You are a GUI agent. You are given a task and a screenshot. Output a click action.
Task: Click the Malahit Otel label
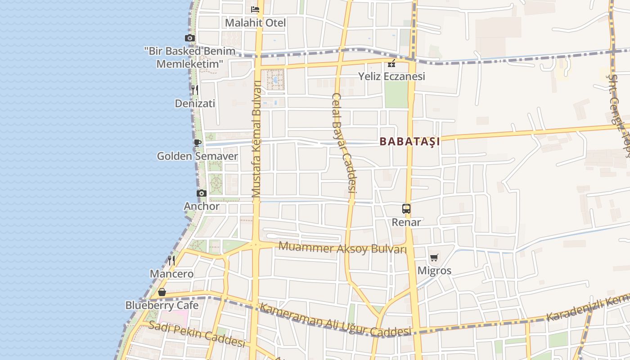pyautogui.click(x=255, y=22)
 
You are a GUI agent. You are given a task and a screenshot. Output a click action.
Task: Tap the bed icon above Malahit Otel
pyautogui.click(x=255, y=9)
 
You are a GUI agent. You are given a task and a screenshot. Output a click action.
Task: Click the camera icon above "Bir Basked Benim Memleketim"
pyautogui.click(x=190, y=38)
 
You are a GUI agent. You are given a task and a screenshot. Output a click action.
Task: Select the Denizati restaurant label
pyautogui.click(x=195, y=103)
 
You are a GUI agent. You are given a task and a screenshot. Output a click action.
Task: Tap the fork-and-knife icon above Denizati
pyautogui.click(x=195, y=90)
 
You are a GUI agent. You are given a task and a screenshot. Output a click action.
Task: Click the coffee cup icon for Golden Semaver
pyautogui.click(x=197, y=143)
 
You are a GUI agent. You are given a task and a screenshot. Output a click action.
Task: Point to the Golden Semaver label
pyautogui.click(x=197, y=156)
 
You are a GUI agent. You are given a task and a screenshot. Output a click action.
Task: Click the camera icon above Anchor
pyautogui.click(x=202, y=193)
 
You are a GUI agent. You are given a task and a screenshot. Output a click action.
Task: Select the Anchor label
pyautogui.click(x=202, y=207)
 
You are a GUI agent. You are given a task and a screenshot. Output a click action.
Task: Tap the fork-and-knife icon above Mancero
pyautogui.click(x=171, y=260)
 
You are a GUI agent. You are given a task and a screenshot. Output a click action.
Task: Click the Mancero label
pyautogui.click(x=171, y=274)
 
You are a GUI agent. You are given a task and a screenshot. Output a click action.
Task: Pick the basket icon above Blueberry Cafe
pyautogui.click(x=162, y=292)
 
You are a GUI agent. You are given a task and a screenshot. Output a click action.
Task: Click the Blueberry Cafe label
pyautogui.click(x=162, y=305)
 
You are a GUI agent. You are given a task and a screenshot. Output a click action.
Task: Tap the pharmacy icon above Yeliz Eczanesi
pyautogui.click(x=391, y=63)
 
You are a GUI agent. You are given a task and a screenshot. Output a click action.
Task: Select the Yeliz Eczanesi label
pyautogui.click(x=391, y=76)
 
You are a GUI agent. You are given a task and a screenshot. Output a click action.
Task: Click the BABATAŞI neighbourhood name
pyautogui.click(x=409, y=141)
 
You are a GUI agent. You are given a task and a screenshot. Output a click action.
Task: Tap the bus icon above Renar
pyautogui.click(x=406, y=209)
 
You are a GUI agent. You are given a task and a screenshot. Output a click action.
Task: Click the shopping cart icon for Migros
pyautogui.click(x=434, y=257)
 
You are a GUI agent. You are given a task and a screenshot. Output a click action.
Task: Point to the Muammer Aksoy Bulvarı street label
pyautogui.click(x=342, y=247)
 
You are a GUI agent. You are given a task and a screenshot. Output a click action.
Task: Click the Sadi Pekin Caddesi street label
pyautogui.click(x=197, y=334)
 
